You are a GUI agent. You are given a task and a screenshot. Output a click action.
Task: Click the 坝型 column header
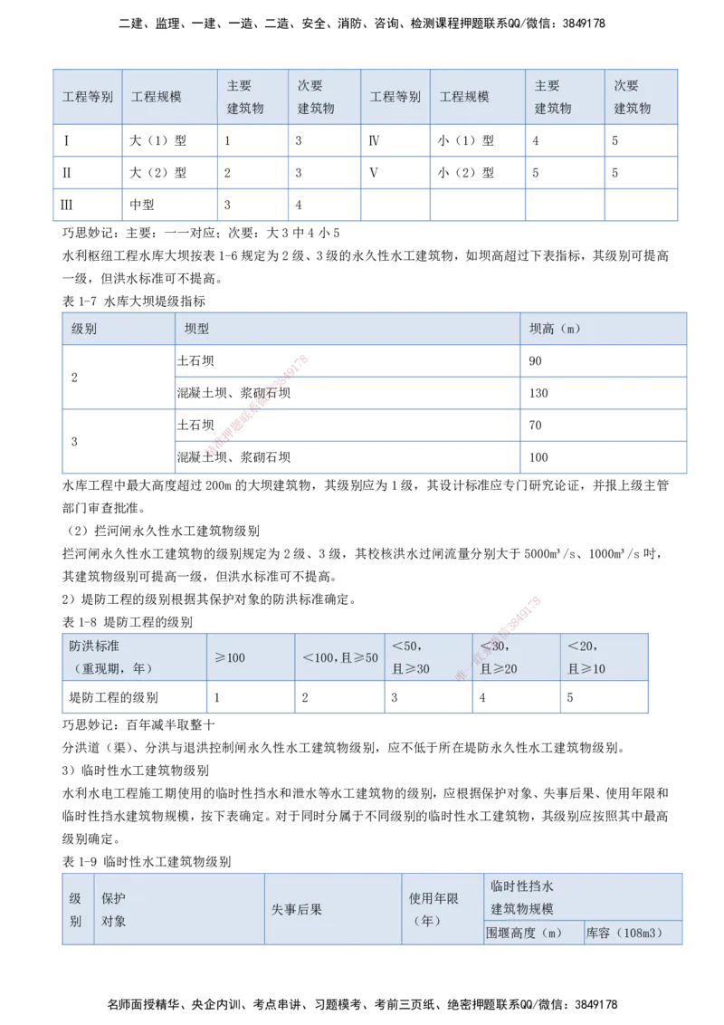tap(196, 329)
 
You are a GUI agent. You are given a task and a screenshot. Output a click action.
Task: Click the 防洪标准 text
tap(94, 647)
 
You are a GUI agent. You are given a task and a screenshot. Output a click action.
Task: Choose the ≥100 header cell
tap(230, 657)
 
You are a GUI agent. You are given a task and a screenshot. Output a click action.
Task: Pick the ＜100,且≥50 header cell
tap(340, 657)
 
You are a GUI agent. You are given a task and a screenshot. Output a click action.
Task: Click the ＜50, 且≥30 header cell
tap(411, 657)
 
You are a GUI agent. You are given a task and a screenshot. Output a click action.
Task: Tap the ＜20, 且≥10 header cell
tap(587, 657)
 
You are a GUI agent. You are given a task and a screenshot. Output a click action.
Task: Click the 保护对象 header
tap(114, 909)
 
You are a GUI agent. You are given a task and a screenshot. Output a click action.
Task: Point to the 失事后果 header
tap(297, 909)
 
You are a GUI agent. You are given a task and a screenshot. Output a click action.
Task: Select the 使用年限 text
tap(433, 898)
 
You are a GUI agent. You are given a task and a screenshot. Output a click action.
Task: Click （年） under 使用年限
tap(427, 921)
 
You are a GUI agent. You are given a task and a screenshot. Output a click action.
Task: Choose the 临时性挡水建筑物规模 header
tap(522, 897)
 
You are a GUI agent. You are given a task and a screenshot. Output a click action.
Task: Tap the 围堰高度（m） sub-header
tap(524, 933)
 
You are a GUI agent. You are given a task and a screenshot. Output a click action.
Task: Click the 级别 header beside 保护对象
tap(75, 909)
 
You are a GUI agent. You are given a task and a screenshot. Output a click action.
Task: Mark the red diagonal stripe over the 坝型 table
tap(258, 403)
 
